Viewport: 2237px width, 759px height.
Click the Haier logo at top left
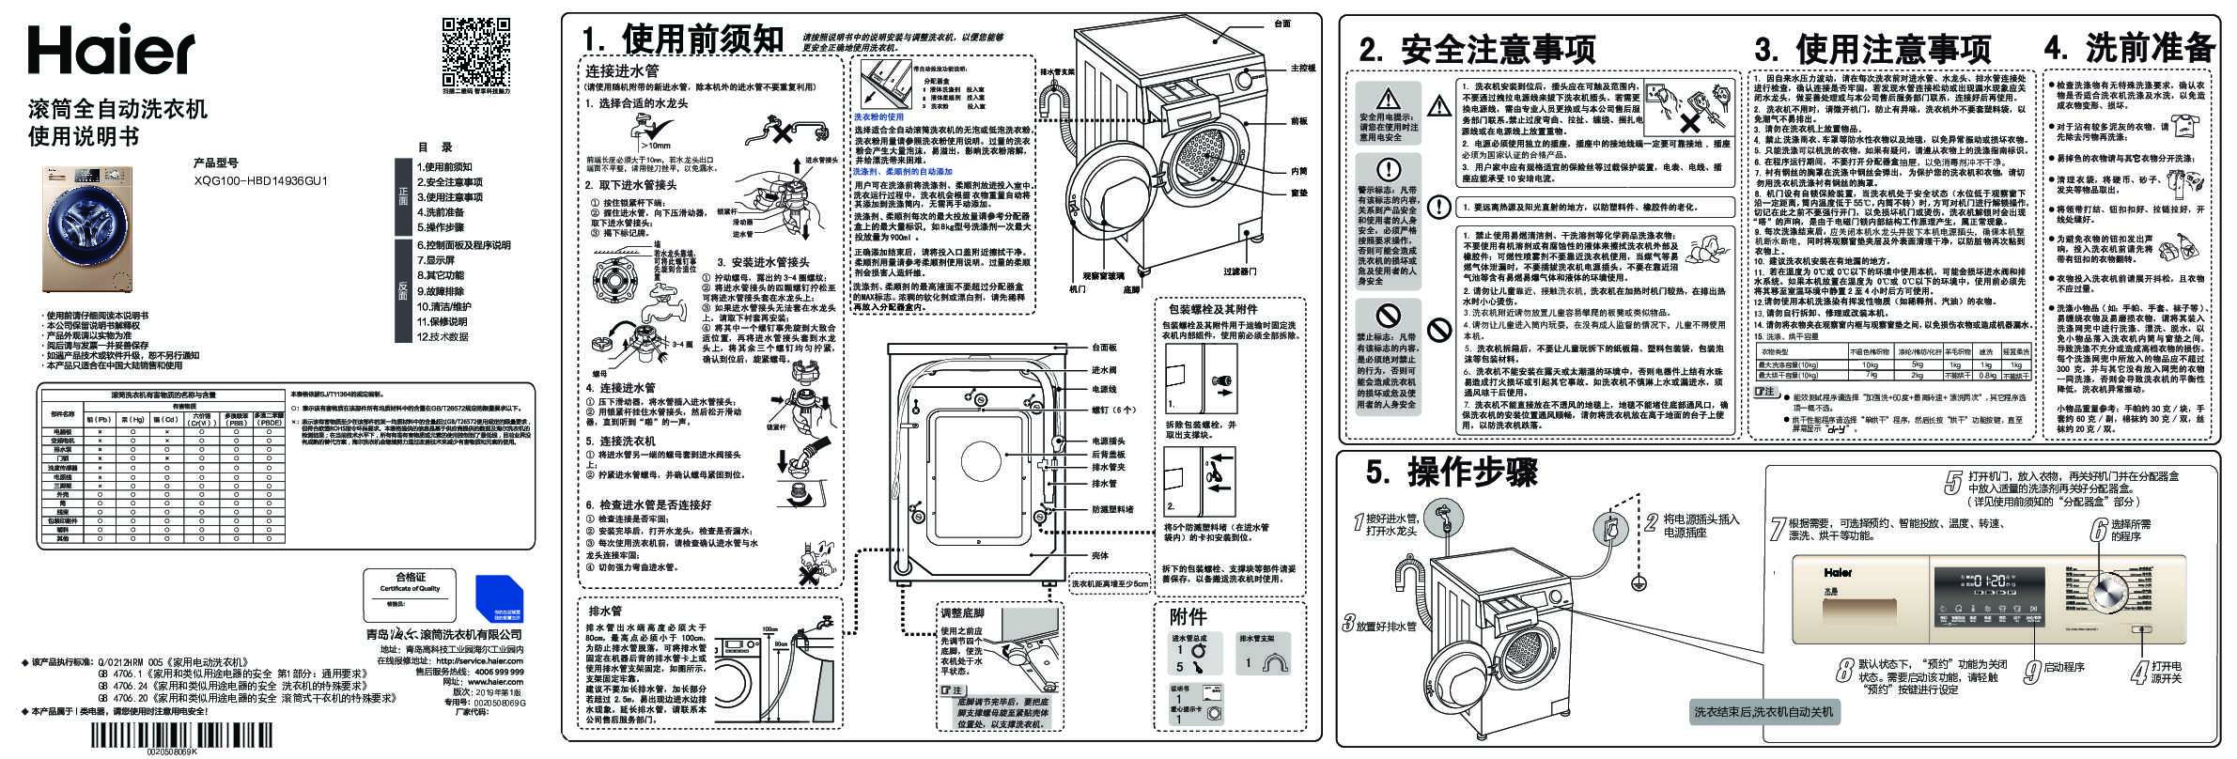click(x=110, y=49)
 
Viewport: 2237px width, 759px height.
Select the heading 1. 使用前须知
click(x=682, y=39)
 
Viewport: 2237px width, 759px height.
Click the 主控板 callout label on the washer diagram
click(x=1301, y=69)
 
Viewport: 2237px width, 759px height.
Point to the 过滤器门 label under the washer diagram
click(x=1240, y=271)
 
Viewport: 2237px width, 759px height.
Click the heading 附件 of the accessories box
click(x=1187, y=617)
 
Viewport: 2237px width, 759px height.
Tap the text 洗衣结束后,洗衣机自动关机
click(x=1763, y=711)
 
